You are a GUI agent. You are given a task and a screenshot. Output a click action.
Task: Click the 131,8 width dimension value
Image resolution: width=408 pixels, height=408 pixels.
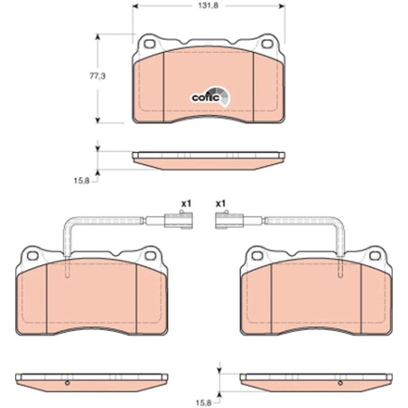(208, 6)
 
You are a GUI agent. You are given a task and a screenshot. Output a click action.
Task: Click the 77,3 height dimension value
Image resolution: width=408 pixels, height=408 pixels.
(97, 76)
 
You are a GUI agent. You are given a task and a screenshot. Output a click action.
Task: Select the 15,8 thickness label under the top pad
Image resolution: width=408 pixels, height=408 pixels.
(82, 181)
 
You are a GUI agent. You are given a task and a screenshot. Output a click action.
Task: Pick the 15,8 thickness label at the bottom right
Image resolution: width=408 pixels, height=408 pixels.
(204, 403)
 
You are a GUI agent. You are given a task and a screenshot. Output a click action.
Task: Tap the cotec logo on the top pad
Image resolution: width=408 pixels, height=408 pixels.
(211, 97)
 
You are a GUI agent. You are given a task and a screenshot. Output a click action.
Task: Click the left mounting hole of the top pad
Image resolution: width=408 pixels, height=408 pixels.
(150, 44)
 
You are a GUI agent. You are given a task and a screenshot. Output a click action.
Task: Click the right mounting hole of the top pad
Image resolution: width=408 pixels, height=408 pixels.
(267, 44)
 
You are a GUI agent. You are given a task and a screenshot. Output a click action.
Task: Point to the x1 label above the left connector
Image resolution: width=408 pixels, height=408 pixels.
(186, 204)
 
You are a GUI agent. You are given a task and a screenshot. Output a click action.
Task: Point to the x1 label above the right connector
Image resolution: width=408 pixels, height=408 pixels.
(220, 204)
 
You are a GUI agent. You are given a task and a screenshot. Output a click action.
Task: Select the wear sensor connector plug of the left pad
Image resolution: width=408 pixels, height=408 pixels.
(178, 220)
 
